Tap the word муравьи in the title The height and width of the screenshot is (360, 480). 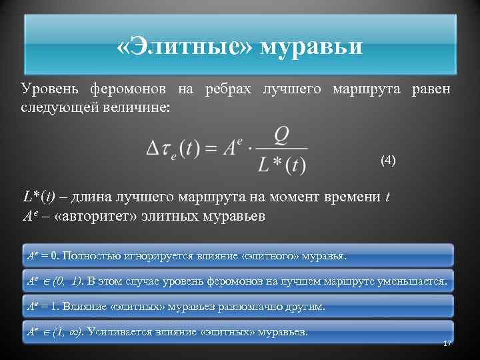pos(311,47)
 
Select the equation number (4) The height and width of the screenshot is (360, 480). pos(388,160)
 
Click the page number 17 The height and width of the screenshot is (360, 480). pos(447,343)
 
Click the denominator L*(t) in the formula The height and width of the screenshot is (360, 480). pos(281,164)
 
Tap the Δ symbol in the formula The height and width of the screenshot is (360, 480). pos(153,149)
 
